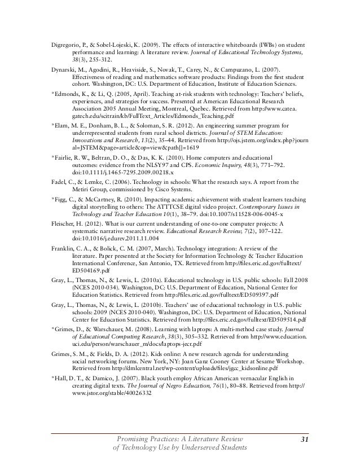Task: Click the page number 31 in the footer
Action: point(303,441)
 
